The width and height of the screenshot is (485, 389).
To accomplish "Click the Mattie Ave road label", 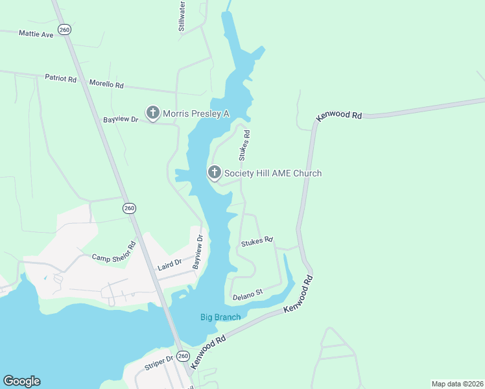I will point(36,34).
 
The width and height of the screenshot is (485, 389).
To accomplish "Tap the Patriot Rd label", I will point(61,78).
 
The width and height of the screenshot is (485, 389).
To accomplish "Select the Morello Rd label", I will point(106,84).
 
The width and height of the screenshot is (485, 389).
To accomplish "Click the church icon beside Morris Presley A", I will point(153,113).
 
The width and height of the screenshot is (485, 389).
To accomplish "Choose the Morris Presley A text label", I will point(196,113).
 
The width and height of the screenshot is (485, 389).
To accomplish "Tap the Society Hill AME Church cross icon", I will point(214,173).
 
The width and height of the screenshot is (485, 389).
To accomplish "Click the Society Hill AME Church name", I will point(272,173).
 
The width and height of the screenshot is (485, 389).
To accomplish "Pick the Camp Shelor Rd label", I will point(113,252).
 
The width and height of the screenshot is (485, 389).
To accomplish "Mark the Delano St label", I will point(247,295).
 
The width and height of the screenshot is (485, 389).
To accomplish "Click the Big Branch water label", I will point(220,317).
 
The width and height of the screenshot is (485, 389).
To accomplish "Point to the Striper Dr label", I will point(159,362).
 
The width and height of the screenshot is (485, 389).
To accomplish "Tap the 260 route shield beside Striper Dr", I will point(183,356).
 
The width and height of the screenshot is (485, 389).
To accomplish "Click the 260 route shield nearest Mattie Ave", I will point(64,29).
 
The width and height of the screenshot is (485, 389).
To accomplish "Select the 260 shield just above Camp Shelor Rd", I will point(129,208).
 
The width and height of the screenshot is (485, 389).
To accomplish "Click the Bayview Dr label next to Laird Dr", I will point(198,253).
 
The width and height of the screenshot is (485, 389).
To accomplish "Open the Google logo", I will point(21,381).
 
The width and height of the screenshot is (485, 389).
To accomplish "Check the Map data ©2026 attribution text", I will point(457,383).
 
